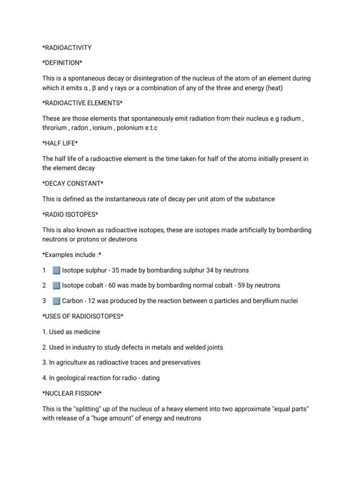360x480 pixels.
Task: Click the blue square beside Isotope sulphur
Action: pos(56,270)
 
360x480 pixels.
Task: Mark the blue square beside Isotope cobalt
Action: pos(56,285)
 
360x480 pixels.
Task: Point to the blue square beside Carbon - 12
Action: pos(56,301)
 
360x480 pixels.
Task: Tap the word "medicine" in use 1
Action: pos(87,332)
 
